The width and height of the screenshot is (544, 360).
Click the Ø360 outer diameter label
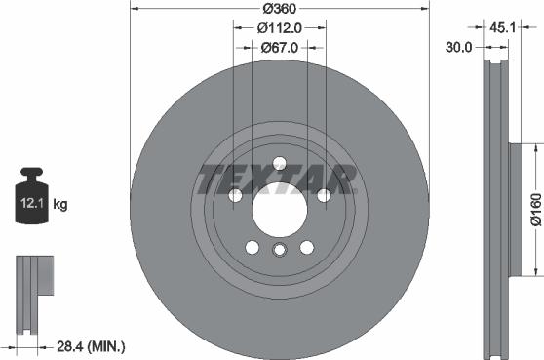click(280, 9)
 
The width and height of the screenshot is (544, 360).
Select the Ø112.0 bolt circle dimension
click(280, 28)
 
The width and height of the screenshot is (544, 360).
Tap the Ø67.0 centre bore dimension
click(280, 47)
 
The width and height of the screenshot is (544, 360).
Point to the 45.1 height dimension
click(503, 27)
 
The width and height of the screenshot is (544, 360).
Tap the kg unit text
click(60, 205)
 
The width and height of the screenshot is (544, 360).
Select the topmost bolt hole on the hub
click(279, 163)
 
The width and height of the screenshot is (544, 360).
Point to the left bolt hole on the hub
click(235, 196)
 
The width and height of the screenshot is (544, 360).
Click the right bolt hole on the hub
click(323, 196)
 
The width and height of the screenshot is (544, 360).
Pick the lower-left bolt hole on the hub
click(252, 247)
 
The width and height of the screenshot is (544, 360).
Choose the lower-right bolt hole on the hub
click(306, 247)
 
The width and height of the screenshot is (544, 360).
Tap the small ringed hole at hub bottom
click(279, 252)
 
